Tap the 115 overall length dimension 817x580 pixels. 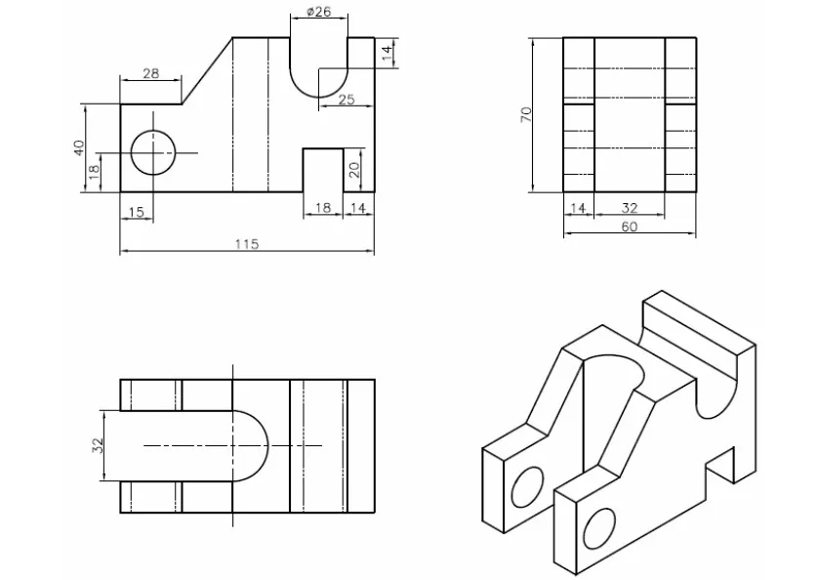coord(246,244)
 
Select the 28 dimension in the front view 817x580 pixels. coord(150,74)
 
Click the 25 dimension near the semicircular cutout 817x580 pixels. coord(347,100)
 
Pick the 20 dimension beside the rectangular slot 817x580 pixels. coord(354,169)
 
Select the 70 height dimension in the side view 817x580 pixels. coord(526,113)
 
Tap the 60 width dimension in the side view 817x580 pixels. coord(630,227)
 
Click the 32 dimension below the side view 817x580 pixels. coord(630,207)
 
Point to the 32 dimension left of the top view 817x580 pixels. coord(97,445)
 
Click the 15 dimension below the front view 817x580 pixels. coord(136,212)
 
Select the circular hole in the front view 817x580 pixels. coord(153,151)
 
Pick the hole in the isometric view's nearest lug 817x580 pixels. coord(595,528)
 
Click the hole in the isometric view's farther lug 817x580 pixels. coord(526,485)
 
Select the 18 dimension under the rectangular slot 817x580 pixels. coord(322,207)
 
